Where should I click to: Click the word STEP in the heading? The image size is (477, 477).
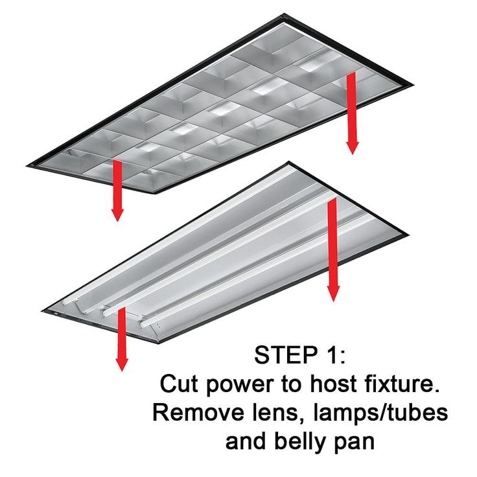tap(283, 355)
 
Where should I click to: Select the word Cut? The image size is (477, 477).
tap(177, 384)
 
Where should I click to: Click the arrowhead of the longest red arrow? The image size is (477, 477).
tap(333, 293)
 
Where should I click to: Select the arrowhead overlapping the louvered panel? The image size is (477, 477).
tap(353, 148)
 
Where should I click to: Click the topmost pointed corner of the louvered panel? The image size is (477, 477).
tap(284, 14)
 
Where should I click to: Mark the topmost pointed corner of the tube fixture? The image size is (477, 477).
tap(288, 162)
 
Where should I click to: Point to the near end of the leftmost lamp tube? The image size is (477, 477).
tap(65, 303)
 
